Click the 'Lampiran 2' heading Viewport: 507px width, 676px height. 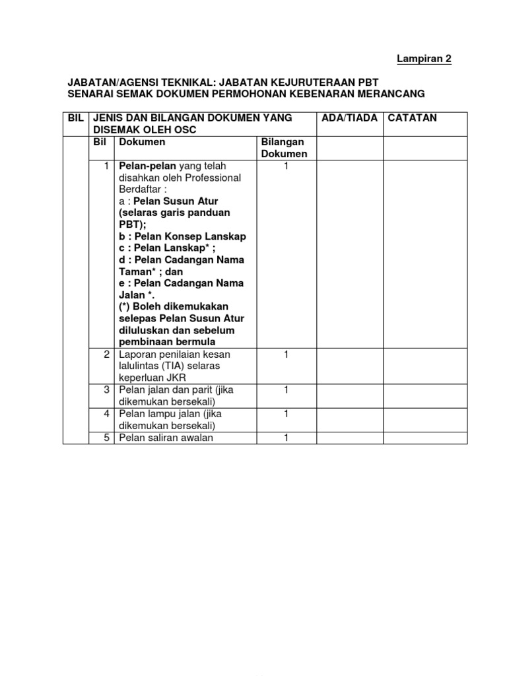[424, 59]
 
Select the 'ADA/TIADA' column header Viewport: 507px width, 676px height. [349, 118]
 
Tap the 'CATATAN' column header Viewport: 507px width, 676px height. [413, 118]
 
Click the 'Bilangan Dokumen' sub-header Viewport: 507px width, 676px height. [285, 148]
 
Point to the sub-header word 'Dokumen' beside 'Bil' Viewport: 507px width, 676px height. [142, 142]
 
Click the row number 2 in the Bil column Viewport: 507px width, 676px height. [106, 355]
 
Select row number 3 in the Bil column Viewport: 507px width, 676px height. [106, 390]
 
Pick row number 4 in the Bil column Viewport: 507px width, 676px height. [106, 414]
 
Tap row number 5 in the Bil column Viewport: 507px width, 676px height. [106, 438]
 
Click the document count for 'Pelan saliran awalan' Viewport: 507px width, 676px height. [287, 438]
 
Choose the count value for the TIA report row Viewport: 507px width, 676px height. [287, 355]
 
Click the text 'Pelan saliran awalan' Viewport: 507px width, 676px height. [166, 438]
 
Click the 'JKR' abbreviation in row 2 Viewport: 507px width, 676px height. [178, 378]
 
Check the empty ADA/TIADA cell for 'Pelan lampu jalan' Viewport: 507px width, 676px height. [350, 420]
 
